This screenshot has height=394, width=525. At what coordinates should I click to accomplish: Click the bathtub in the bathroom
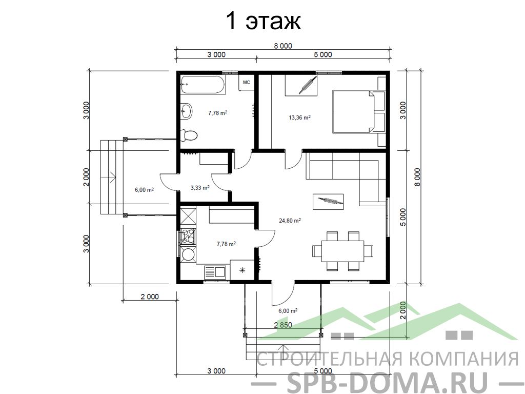(x=203, y=85)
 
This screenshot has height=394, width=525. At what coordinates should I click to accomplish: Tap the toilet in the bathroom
(x=189, y=135)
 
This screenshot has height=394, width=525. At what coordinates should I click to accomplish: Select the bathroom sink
(x=186, y=110)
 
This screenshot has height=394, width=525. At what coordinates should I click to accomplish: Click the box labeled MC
(x=246, y=83)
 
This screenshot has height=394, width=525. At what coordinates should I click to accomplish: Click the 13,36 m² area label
(x=299, y=117)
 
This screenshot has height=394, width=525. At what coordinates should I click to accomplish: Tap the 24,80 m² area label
(x=290, y=221)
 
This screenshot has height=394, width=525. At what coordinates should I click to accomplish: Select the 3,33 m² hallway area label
(x=200, y=188)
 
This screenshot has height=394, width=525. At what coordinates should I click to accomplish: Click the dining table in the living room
(x=343, y=251)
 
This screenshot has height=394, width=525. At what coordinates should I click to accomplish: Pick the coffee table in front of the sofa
(x=328, y=202)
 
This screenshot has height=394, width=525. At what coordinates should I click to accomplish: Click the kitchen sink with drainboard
(x=215, y=272)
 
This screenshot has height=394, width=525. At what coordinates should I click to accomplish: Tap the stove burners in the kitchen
(x=188, y=237)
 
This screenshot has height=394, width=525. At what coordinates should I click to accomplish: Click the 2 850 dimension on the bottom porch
(x=283, y=325)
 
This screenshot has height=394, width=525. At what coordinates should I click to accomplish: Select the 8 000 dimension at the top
(x=283, y=46)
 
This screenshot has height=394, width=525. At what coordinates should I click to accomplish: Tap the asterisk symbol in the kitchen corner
(x=242, y=270)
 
